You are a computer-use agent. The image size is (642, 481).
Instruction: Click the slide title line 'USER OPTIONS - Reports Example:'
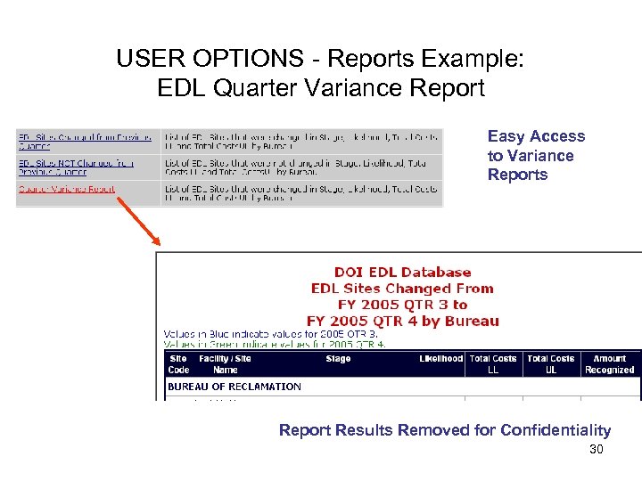pos(320,60)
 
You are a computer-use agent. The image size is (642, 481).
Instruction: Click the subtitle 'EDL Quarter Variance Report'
pos(320,88)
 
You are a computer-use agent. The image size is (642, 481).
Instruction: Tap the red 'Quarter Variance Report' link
pos(67,189)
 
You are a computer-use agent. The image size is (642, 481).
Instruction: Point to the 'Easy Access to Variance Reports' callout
pos(536,155)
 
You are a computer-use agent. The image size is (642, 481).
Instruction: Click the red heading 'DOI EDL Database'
pos(402,273)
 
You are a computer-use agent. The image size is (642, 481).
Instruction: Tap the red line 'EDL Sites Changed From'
pos(402,289)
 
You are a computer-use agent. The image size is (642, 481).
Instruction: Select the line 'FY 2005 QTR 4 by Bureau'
pos(402,321)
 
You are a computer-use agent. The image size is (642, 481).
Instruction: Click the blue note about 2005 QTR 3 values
pos(270,334)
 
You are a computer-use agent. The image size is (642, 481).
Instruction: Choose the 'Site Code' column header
pos(178,364)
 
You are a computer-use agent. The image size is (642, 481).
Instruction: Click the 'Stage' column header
pos(338,359)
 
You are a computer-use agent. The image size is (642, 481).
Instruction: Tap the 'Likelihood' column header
pos(440,359)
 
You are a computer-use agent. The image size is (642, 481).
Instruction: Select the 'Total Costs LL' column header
pos(493,364)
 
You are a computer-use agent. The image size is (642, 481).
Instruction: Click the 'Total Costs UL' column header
pos(550,364)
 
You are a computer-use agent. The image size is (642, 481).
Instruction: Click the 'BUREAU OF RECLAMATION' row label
pos(235,387)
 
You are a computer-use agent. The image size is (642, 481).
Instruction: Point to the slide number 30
pos(596,450)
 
